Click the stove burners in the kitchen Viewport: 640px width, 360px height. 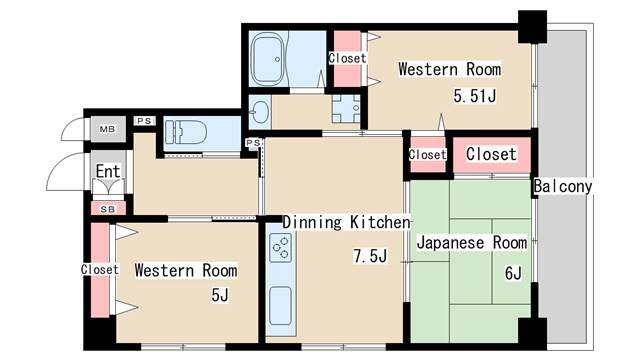[x=280, y=245]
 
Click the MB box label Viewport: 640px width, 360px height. [x=105, y=130]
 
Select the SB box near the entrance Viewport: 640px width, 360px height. [x=105, y=208]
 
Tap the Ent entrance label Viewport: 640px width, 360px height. [x=108, y=171]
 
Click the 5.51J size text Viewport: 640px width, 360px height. [x=475, y=96]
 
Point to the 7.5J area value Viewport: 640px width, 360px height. [x=369, y=256]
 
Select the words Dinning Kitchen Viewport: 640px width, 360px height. [x=346, y=222]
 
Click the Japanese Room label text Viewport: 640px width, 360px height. [x=471, y=243]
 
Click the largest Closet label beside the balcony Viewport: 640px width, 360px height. [x=491, y=154]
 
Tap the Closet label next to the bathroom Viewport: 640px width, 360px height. [x=347, y=58]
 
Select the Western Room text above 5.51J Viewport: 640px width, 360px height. [x=449, y=70]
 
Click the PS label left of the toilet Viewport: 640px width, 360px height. [x=145, y=121]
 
